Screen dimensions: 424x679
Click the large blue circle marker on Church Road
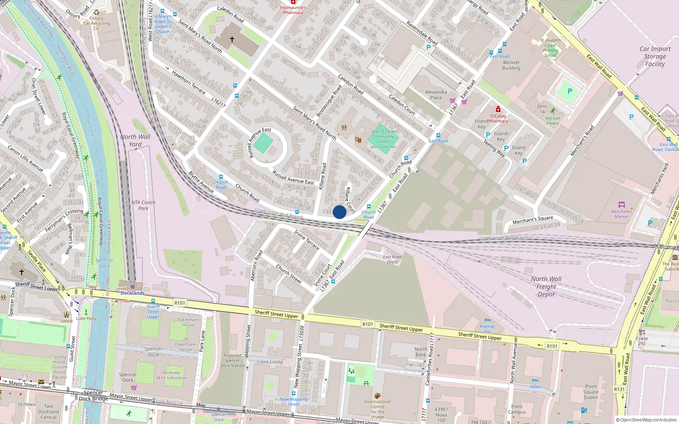[x=339, y=212]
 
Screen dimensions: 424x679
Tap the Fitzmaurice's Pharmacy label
[x=293, y=10]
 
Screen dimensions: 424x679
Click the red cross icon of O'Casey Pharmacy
[x=498, y=109]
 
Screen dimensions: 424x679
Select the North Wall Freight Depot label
[x=546, y=287]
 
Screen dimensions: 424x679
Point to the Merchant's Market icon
[x=622, y=205]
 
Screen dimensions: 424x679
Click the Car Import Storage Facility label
[x=655, y=56]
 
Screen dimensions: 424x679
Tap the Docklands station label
[x=132, y=293]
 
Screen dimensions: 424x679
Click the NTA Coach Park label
[x=143, y=205]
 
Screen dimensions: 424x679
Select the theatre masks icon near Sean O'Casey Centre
[x=358, y=139]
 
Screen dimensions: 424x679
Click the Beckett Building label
[x=511, y=65]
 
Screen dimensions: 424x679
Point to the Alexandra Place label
[x=436, y=95]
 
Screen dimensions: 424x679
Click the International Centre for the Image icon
[x=377, y=396]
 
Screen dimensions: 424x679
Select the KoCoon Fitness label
[x=553, y=120]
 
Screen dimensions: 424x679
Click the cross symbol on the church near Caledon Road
[x=232, y=39]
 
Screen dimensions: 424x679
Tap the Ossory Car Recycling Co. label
[x=96, y=23]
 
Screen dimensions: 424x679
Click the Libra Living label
[x=269, y=362]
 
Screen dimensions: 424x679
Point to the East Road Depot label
[x=392, y=259]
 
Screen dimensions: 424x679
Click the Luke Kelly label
[x=86, y=318]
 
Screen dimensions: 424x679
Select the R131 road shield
[x=619, y=389]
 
